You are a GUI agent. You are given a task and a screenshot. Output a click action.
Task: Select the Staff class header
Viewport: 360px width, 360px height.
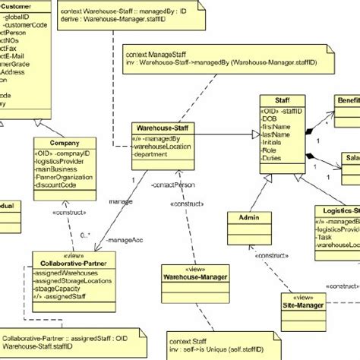pos(273,100)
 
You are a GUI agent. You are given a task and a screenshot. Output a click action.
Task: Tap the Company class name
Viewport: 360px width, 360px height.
pos(64,143)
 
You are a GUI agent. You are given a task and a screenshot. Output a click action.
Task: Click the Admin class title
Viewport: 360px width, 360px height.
pos(249,217)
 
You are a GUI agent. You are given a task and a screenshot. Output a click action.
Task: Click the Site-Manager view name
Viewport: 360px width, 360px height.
pos(304,284)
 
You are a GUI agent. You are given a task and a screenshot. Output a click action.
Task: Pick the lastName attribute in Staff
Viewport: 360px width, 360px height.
pos(276,134)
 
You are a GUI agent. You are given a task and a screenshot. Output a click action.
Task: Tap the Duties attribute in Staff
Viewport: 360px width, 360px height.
pos(273,159)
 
